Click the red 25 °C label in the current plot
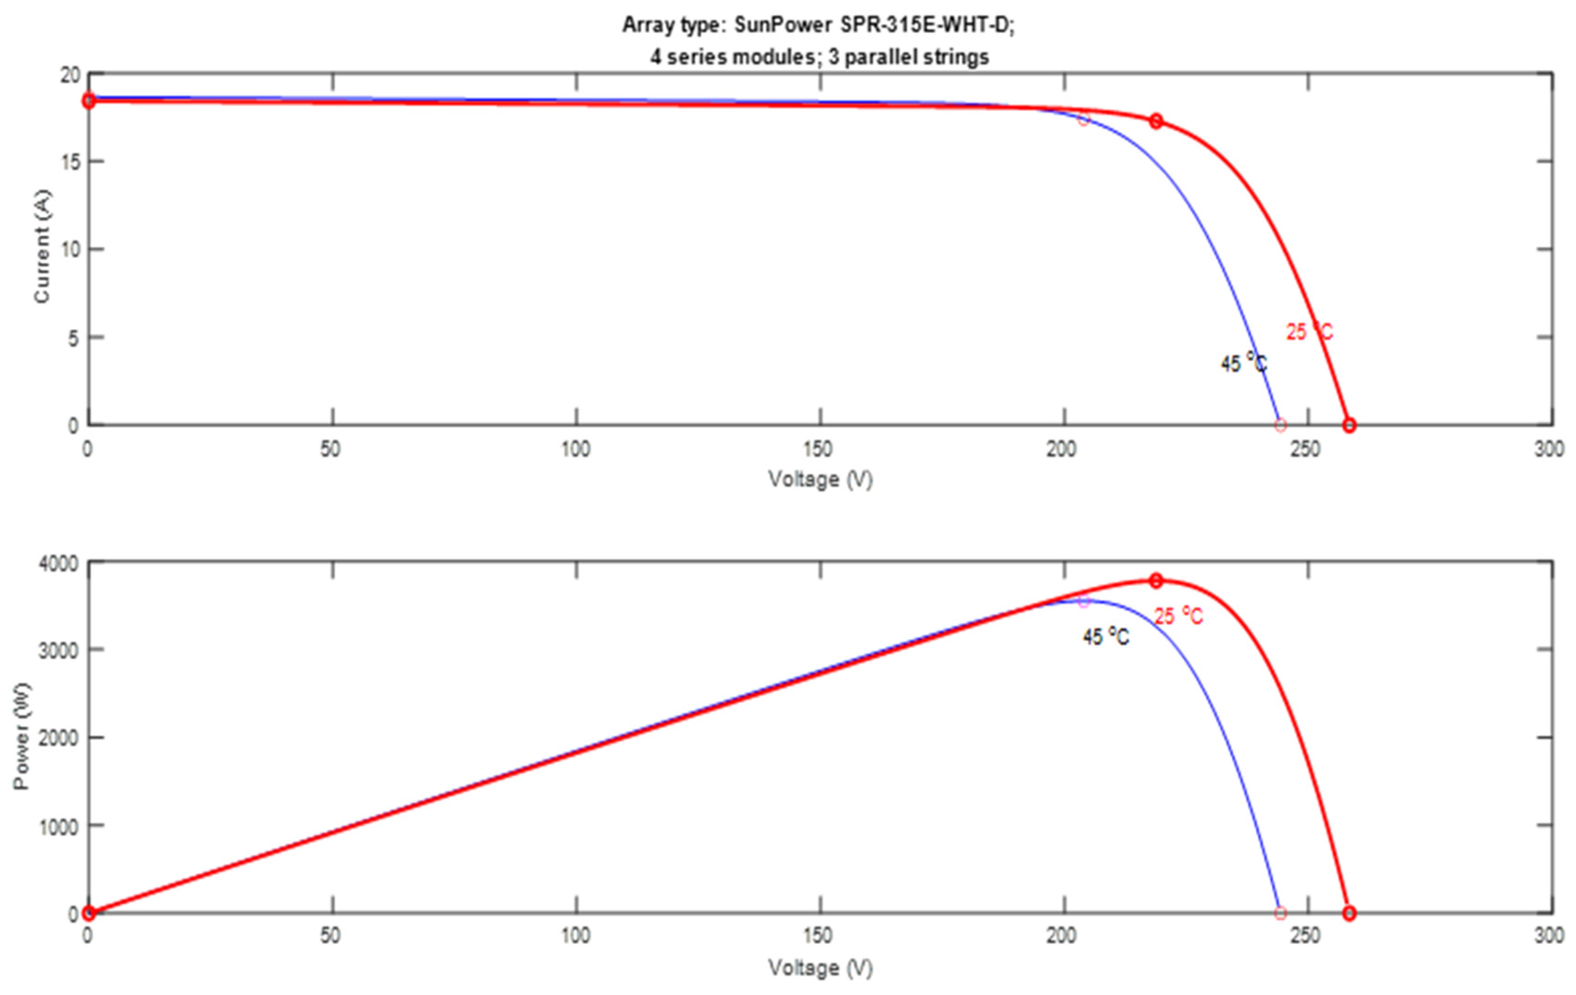coord(1309,332)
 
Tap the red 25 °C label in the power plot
coord(1178,616)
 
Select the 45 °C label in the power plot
coord(1105,636)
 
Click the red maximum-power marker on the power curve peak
coord(1156,581)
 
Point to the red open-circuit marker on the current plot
coord(1349,425)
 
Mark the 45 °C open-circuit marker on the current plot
coord(1281,425)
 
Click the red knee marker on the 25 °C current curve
coord(1156,121)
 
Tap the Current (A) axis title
coord(42,246)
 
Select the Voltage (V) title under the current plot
coord(821,480)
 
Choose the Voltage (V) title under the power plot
coord(821,968)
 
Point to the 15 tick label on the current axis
coord(71,162)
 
